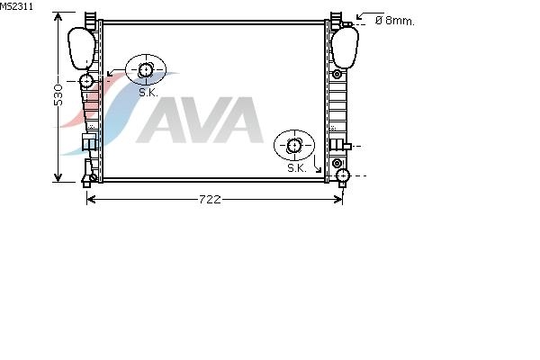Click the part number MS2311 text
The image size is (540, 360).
16,6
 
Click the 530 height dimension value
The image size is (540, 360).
58,94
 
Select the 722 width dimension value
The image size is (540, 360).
210,200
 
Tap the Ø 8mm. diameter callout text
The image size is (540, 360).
395,21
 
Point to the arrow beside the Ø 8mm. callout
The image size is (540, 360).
365,15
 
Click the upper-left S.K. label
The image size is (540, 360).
148,93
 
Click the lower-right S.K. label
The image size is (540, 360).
297,168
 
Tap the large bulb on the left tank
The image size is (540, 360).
81,49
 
